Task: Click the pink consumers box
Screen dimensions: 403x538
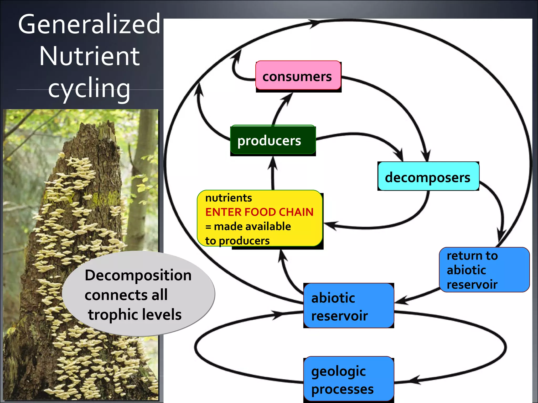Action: pos(298,76)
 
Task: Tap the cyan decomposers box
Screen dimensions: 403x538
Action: pos(428,176)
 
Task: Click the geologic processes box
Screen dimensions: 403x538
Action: pos(348,379)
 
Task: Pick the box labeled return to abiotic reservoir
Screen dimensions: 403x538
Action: pos(484,270)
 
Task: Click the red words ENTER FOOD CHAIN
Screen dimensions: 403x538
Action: pos(259,212)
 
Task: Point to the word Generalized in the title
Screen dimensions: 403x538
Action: pos(89,24)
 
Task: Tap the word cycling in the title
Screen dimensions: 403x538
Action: pos(89,88)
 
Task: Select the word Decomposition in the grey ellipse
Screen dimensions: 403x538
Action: pos(138,275)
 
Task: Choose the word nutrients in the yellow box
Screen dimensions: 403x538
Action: pos(228,198)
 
